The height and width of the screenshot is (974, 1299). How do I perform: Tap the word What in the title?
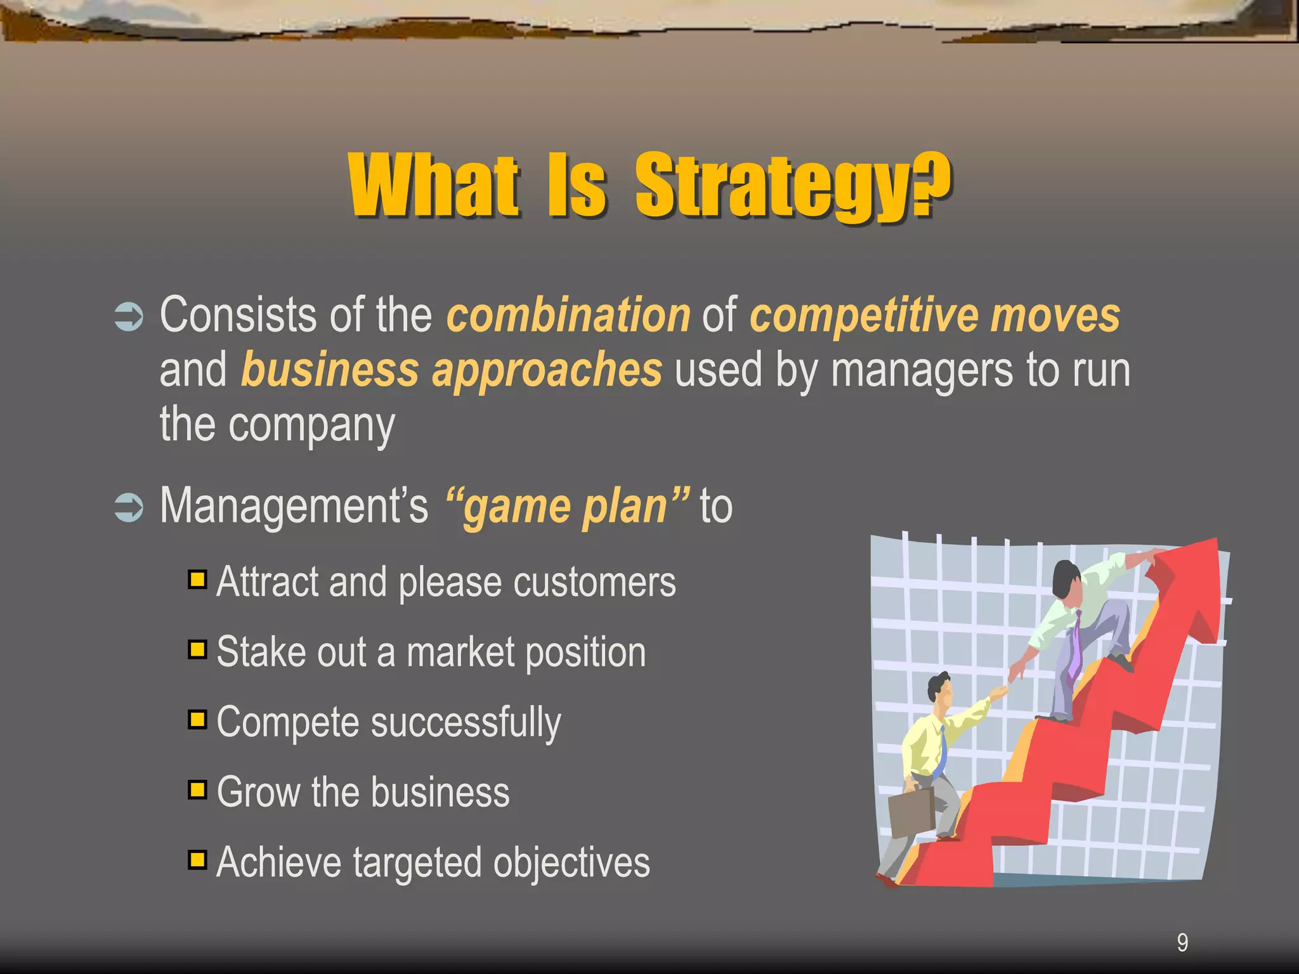tap(434, 186)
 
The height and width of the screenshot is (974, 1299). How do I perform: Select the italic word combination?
tap(568, 315)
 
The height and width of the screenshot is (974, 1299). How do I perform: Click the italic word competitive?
tap(864, 316)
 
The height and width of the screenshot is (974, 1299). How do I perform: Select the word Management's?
tap(294, 506)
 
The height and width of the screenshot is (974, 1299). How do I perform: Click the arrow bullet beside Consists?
tap(129, 316)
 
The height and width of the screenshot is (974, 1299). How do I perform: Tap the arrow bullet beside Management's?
tap(129, 507)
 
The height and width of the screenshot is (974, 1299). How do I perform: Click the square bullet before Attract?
tap(197, 580)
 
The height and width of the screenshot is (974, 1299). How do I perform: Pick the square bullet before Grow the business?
tap(197, 789)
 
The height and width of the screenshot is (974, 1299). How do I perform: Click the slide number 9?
tap(1182, 943)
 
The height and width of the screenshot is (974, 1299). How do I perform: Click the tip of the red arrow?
tap(1216, 539)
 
